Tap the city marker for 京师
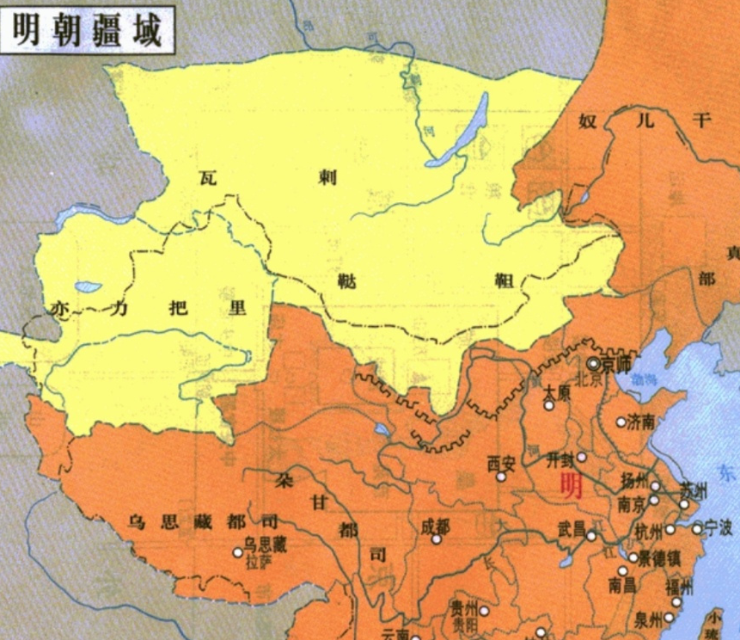coord(593,364)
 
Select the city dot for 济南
coord(621,422)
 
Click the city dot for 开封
coord(582,457)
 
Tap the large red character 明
coord(571,485)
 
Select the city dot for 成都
coord(437,539)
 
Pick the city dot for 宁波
coord(697,527)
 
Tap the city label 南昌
coord(621,586)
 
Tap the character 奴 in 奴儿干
coord(589,120)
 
